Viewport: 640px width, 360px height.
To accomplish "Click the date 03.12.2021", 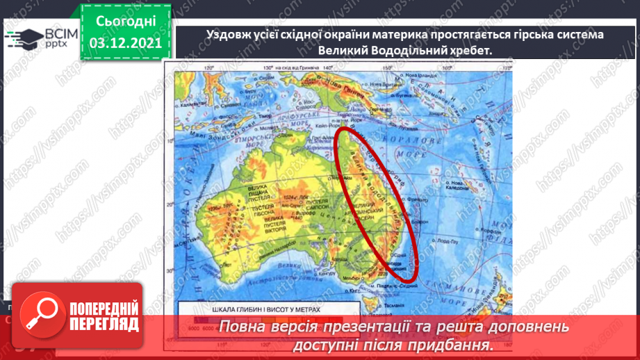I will (x=125, y=43).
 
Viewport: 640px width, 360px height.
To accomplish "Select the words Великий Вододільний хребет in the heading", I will (x=404, y=51).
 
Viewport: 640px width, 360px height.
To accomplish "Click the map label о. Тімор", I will (x=261, y=115).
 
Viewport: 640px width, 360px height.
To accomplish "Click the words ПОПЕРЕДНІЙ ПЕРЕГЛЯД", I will (x=104, y=316).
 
